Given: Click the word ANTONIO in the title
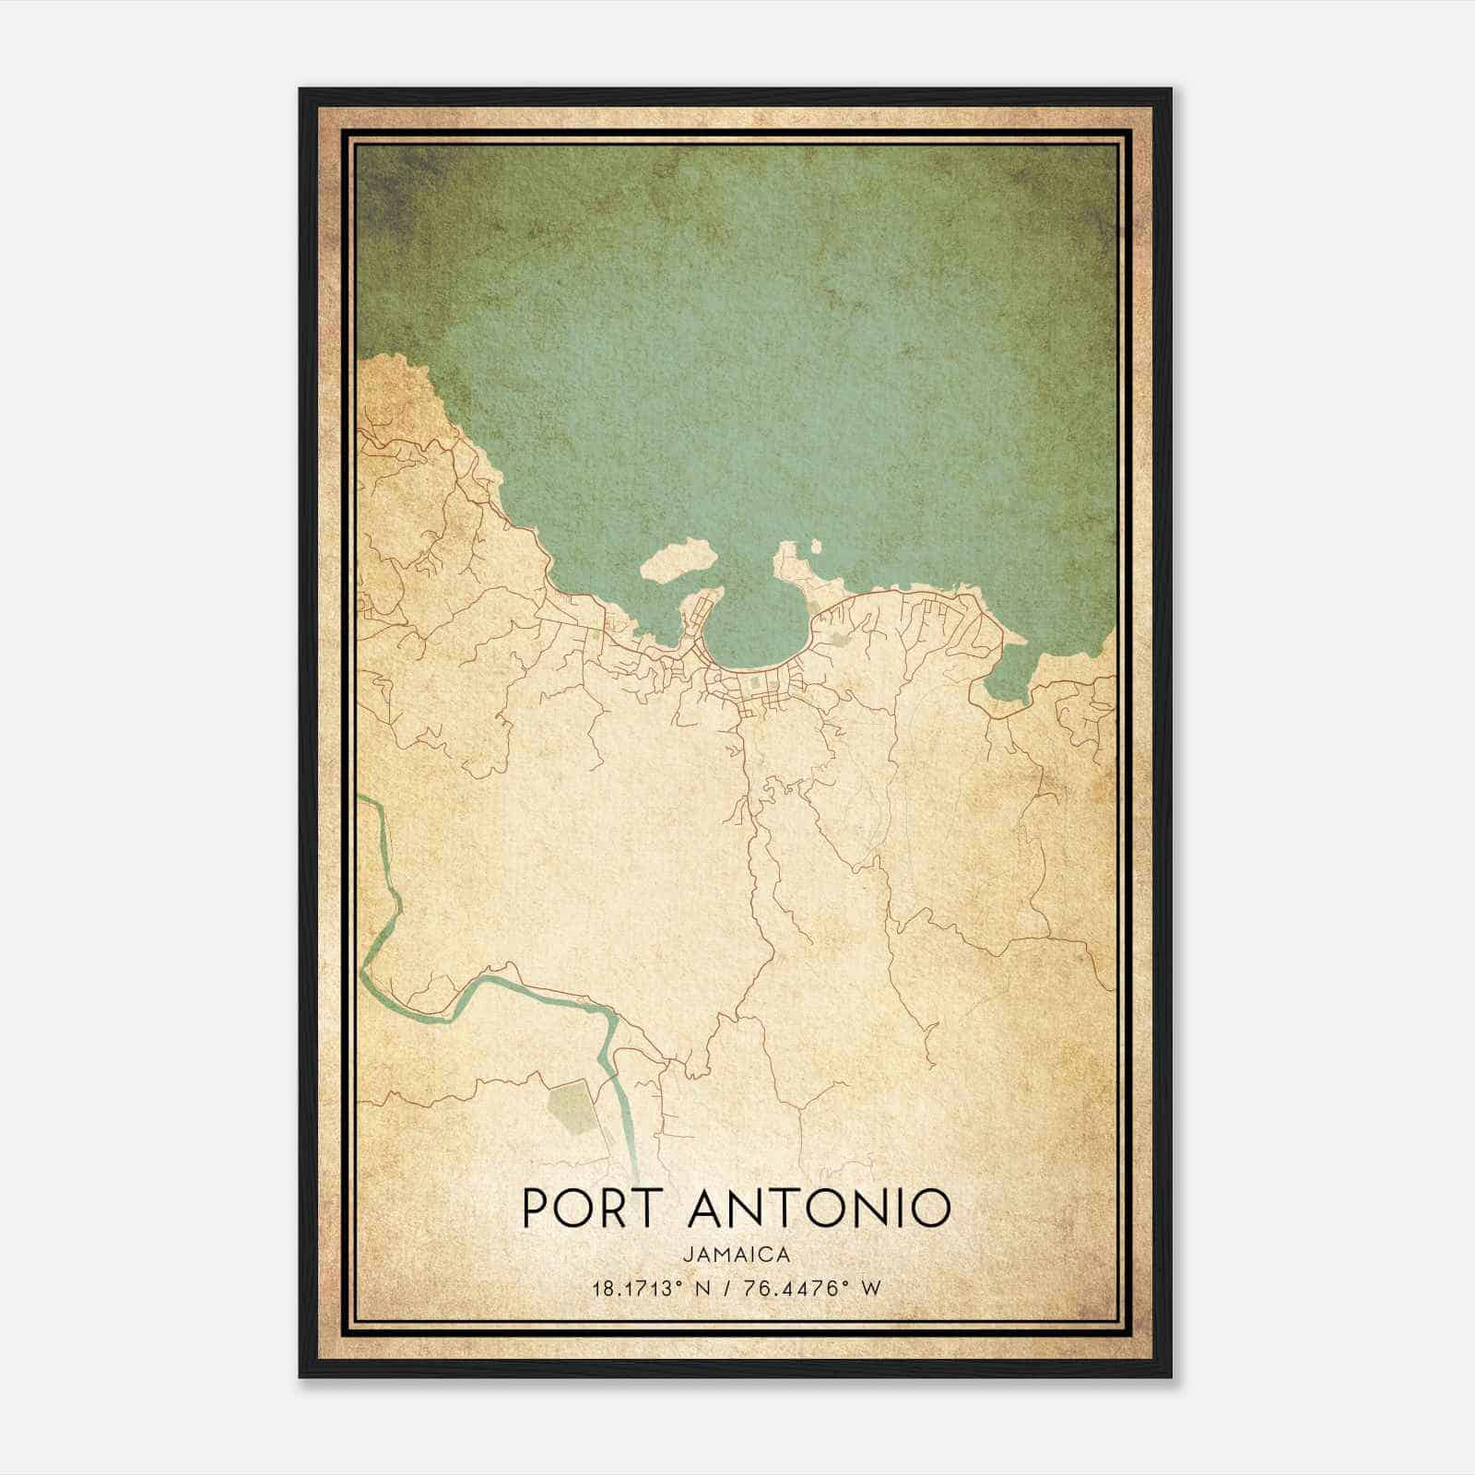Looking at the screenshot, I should click(x=820, y=1208).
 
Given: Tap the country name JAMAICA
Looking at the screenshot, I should click(x=737, y=1255).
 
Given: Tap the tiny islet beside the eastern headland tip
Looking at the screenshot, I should click(x=815, y=548).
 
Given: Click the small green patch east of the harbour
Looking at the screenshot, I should click(x=839, y=636).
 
